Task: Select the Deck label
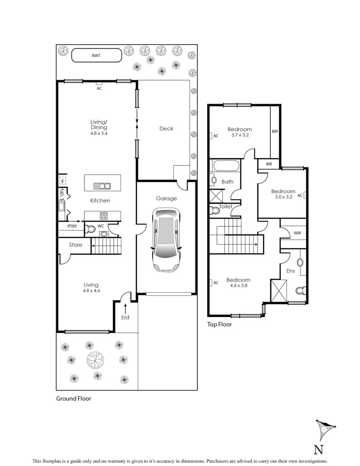[x=166, y=129]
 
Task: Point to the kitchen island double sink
[x=103, y=185]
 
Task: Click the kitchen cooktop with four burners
[x=103, y=215]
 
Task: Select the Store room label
[x=75, y=245]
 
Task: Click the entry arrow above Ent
[x=125, y=306]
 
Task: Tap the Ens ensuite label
[x=290, y=271]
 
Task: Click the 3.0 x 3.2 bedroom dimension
[x=283, y=197]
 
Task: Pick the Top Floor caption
[x=219, y=325]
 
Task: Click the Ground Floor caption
[x=73, y=398]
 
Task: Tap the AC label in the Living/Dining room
[x=99, y=89]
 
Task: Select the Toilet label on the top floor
[x=226, y=207]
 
